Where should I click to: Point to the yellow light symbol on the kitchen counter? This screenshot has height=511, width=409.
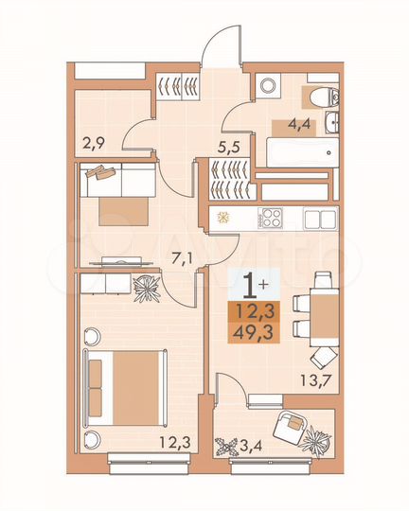(x=224, y=218)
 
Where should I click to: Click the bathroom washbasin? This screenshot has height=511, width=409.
(x=333, y=120)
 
